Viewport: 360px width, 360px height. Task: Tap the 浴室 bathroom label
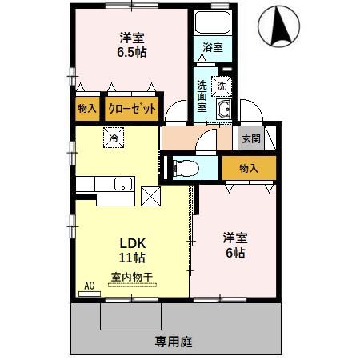[x=213, y=47]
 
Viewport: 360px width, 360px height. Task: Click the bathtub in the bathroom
[x=212, y=23]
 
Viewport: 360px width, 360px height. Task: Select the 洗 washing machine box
[x=222, y=82]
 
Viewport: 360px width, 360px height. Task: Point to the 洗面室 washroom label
[x=202, y=94]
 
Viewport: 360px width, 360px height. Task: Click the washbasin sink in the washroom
[x=223, y=111]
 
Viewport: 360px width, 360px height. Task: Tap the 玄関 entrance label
[x=250, y=139]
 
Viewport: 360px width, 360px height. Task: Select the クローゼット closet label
[x=132, y=109]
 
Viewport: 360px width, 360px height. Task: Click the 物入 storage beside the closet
[x=87, y=109]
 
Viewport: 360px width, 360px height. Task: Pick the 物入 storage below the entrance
[x=250, y=168]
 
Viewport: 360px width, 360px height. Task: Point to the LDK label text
[x=133, y=242]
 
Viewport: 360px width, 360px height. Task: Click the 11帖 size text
[x=133, y=258]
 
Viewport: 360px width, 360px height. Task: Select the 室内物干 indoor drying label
[x=132, y=277]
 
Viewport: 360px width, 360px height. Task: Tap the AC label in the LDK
[x=89, y=286]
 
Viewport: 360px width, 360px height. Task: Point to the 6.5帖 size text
[x=134, y=53]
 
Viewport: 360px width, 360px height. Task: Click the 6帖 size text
[x=234, y=253]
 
